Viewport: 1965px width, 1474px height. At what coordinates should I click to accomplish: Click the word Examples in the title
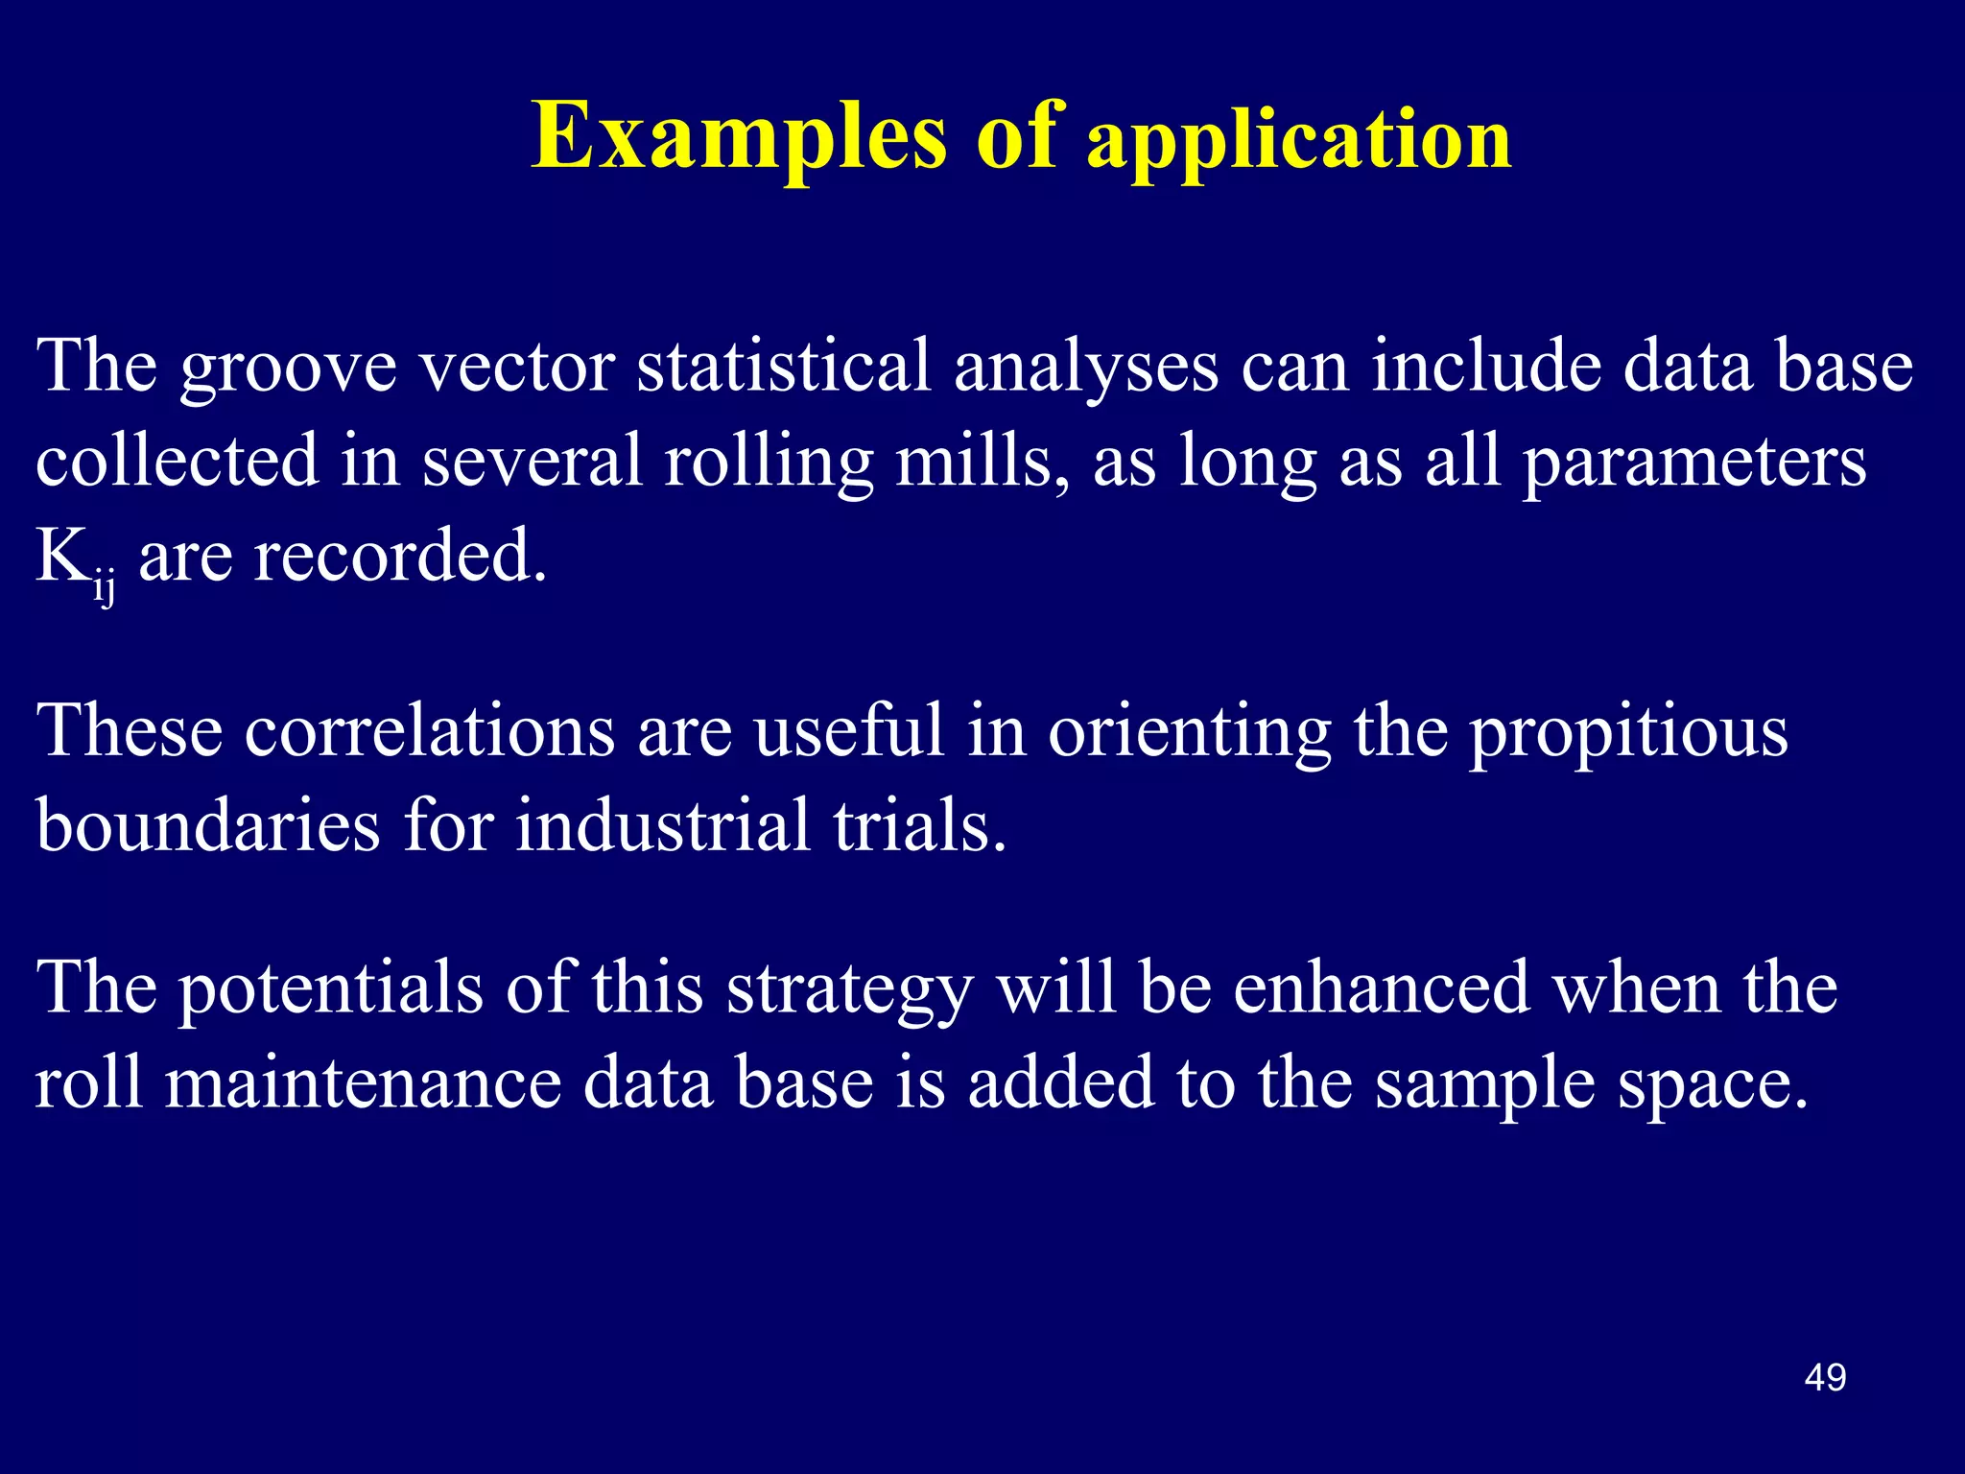[739, 137]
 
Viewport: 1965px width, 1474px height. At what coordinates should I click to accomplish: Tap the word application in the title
[1299, 142]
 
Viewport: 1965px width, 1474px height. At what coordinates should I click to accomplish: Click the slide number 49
[1825, 1378]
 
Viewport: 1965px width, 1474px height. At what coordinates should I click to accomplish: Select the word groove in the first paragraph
[288, 369]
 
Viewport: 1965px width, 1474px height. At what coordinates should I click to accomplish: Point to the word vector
[518, 368]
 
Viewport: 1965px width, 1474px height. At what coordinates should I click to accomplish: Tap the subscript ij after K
[104, 586]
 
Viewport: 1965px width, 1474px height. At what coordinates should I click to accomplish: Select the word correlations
[429, 731]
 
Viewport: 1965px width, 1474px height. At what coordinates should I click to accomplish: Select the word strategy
[849, 991]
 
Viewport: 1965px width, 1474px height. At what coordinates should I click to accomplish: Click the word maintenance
[363, 1082]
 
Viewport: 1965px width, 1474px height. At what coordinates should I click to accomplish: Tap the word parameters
[1694, 464]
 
